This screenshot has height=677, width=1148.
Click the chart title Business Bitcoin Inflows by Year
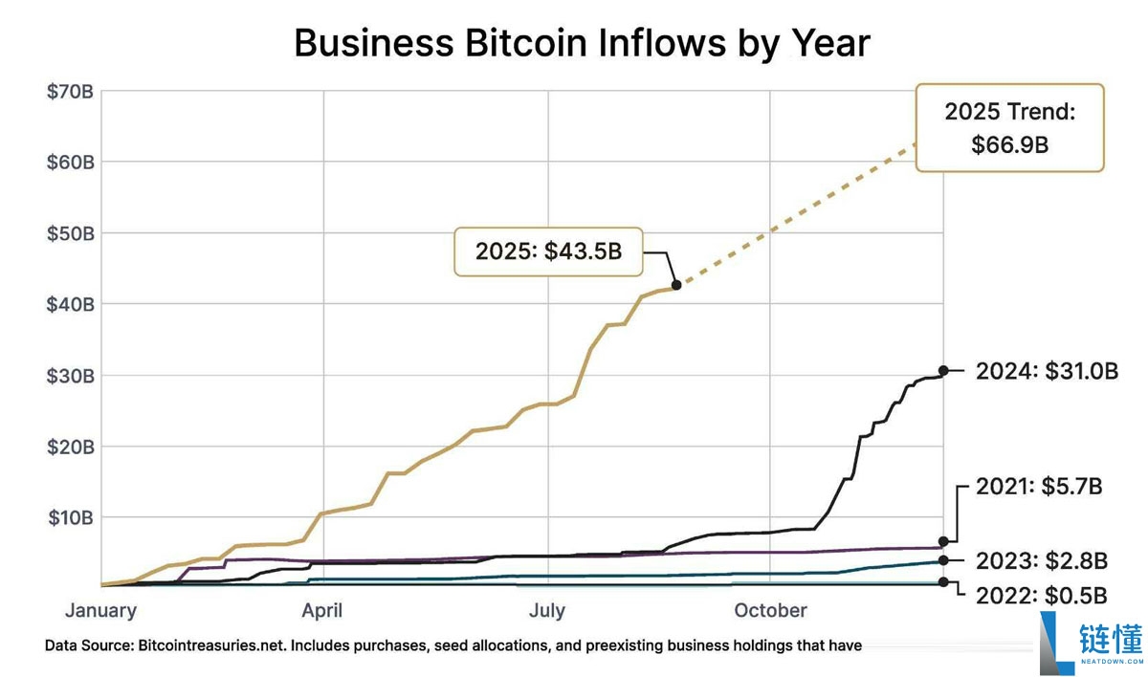coord(581,43)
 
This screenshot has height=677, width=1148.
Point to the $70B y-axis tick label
coord(70,92)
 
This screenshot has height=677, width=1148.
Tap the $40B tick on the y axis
coord(70,304)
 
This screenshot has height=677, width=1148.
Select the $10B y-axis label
coord(70,517)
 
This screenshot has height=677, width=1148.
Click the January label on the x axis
coord(100,610)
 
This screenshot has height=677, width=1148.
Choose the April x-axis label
coord(322,610)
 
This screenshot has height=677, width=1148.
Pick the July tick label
coord(547,610)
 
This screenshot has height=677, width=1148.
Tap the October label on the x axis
coord(771,610)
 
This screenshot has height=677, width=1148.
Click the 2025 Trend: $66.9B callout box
coord(1009,127)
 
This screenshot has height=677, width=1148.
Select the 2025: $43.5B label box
coord(548,251)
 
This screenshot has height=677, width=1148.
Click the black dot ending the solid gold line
coord(676,284)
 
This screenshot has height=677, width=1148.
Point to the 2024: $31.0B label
coord(1047,371)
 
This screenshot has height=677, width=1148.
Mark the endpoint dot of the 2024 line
coord(943,370)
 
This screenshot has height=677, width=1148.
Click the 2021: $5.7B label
coord(1039,487)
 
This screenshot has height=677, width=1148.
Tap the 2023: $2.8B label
coord(1042,560)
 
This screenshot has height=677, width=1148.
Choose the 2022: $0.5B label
coord(1042,594)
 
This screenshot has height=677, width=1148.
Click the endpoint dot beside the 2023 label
coord(943,560)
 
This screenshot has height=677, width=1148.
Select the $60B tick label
coord(70,163)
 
